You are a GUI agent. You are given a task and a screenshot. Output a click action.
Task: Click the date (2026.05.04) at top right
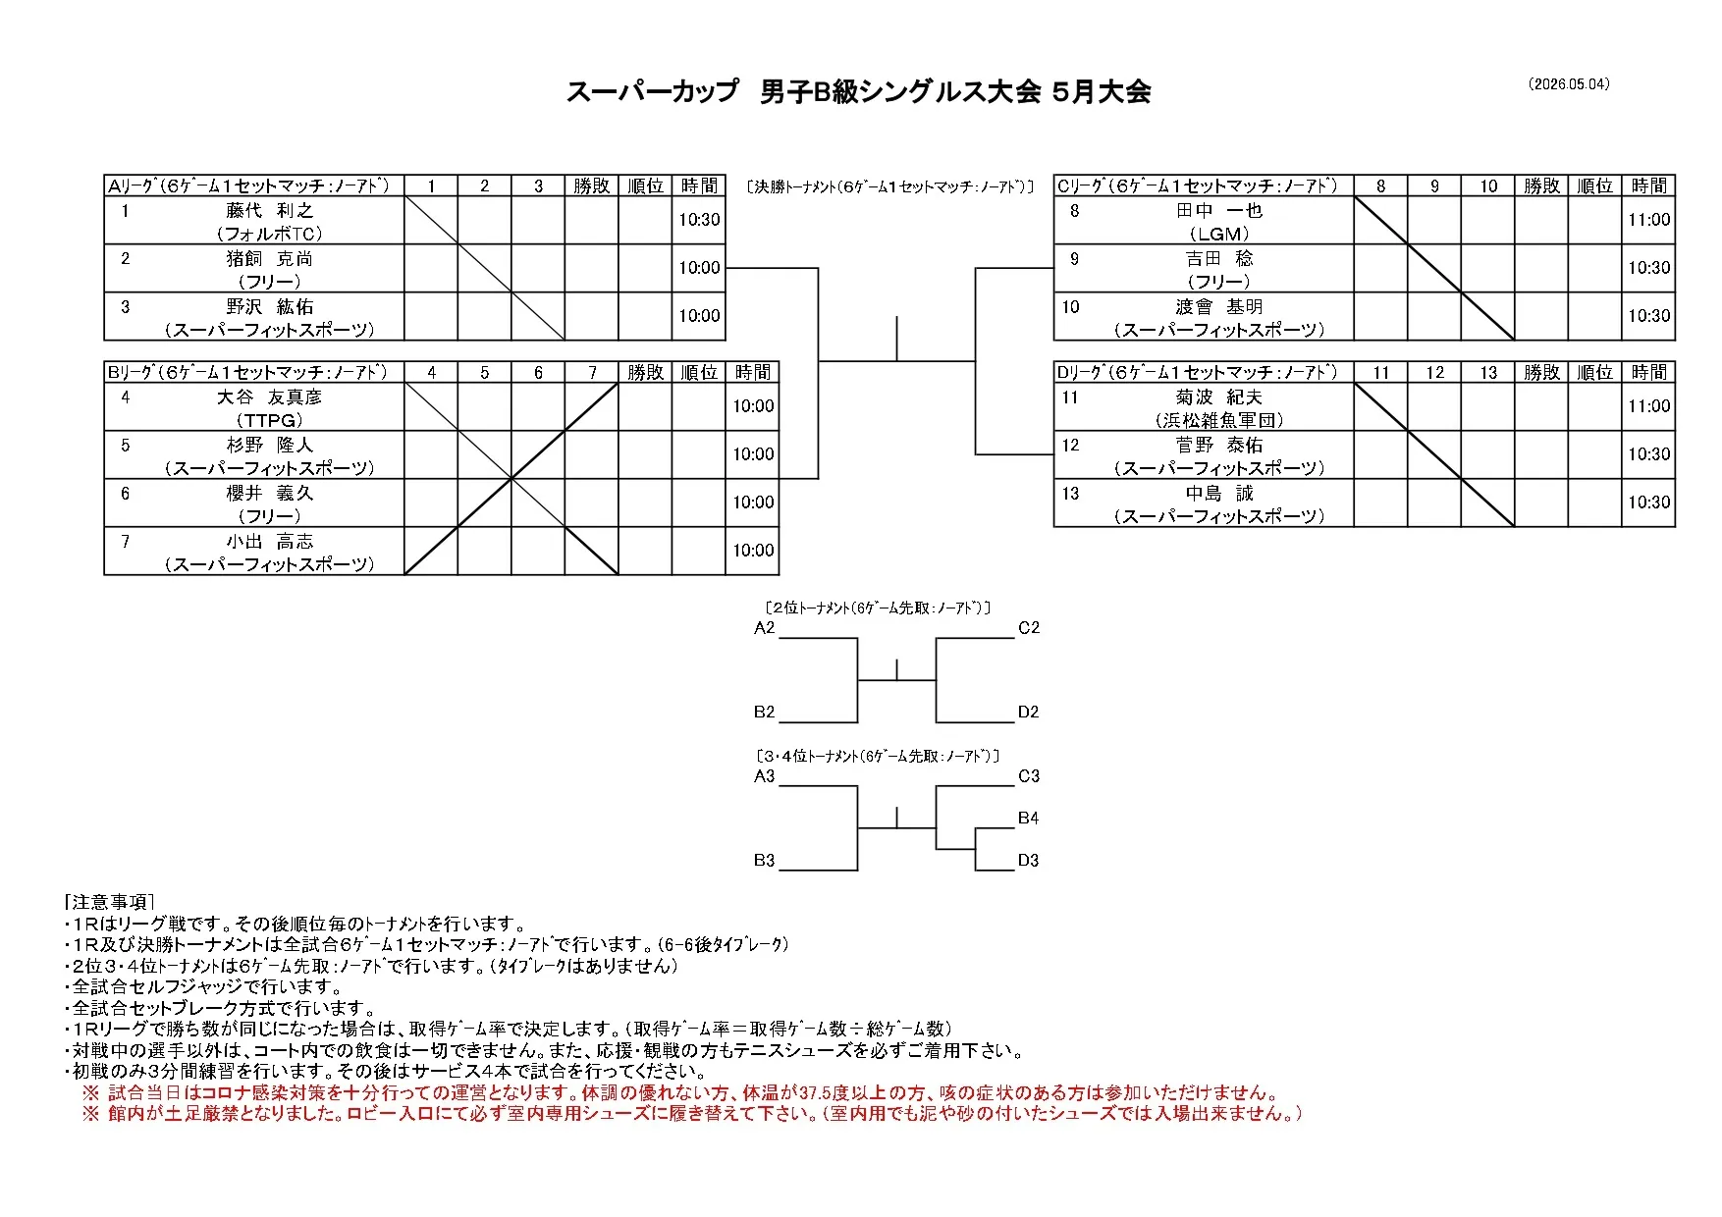point(1569,84)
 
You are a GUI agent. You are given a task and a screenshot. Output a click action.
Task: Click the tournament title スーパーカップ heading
point(652,92)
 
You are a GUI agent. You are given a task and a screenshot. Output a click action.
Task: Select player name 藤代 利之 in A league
point(270,210)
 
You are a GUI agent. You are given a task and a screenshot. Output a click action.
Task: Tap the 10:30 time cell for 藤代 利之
point(699,220)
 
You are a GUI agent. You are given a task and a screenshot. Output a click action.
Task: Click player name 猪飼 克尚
point(270,258)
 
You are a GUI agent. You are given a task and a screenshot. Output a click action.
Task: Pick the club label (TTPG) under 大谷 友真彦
point(270,420)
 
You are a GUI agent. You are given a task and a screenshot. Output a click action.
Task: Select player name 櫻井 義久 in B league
point(270,493)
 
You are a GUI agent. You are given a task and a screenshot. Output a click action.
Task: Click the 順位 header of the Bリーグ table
point(699,372)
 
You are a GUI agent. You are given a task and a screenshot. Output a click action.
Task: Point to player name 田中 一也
point(1219,210)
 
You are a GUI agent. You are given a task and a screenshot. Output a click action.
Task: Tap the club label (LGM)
point(1219,234)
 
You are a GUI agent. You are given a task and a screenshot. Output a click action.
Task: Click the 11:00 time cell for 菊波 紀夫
point(1649,406)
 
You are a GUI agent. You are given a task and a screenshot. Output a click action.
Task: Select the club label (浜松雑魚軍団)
point(1219,420)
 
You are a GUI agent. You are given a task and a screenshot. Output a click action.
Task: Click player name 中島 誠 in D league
point(1219,493)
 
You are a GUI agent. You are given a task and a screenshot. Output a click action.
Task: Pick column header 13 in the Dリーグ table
point(1488,372)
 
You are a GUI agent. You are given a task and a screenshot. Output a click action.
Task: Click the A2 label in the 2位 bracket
point(765,628)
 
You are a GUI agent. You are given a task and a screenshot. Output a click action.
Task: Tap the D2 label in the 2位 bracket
point(1028,713)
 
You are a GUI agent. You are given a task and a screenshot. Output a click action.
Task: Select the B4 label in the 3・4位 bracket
point(1028,819)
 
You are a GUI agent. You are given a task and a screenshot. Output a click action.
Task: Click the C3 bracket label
point(1028,776)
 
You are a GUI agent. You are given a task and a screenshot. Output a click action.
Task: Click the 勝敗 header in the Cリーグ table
point(1541,185)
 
